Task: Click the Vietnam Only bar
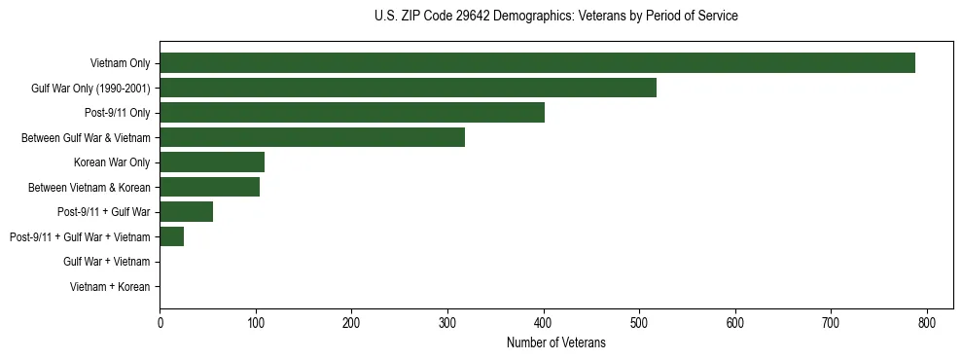pyautogui.click(x=537, y=63)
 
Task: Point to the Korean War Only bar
pyautogui.click(x=212, y=162)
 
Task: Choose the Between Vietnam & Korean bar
pyautogui.click(x=209, y=187)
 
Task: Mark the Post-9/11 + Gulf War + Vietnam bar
pyautogui.click(x=171, y=236)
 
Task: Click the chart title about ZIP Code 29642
pyautogui.click(x=555, y=17)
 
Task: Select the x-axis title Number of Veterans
pyautogui.click(x=555, y=342)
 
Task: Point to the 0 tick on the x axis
pyautogui.click(x=160, y=323)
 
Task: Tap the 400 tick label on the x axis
pyautogui.click(x=543, y=323)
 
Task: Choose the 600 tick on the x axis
pyautogui.click(x=734, y=323)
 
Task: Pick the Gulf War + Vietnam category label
pyautogui.click(x=106, y=262)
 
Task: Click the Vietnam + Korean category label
pyautogui.click(x=110, y=287)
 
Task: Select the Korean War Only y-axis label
pyautogui.click(x=112, y=162)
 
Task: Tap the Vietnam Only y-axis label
pyautogui.click(x=120, y=64)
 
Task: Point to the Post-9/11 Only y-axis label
pyautogui.click(x=118, y=113)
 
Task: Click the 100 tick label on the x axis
pyautogui.click(x=256, y=323)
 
